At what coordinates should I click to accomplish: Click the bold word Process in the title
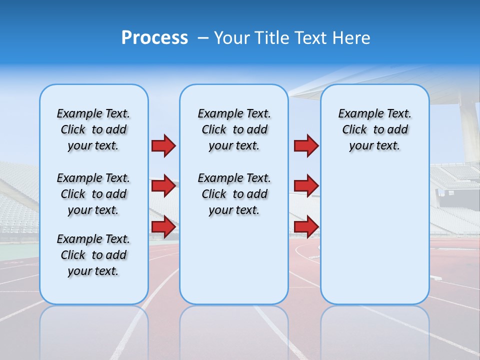[x=154, y=38]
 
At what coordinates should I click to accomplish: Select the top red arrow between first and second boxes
[x=163, y=145]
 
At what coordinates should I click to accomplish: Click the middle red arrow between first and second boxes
[x=163, y=186]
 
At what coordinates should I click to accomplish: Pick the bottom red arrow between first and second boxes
[x=163, y=227]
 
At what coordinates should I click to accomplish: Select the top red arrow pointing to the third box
[x=306, y=145]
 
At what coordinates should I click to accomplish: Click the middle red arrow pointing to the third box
[x=306, y=186]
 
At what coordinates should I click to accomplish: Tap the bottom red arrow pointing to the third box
[x=306, y=227]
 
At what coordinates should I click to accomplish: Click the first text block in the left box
[x=93, y=129]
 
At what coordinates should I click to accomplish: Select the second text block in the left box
[x=93, y=194]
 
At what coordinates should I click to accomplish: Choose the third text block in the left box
[x=93, y=255]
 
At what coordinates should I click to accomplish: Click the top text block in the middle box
[x=234, y=129]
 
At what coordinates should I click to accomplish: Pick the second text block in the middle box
[x=234, y=194]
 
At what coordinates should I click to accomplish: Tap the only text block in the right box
[x=374, y=129]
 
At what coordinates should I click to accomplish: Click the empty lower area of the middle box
[x=234, y=260]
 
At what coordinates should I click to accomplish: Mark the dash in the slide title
[x=203, y=38]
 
